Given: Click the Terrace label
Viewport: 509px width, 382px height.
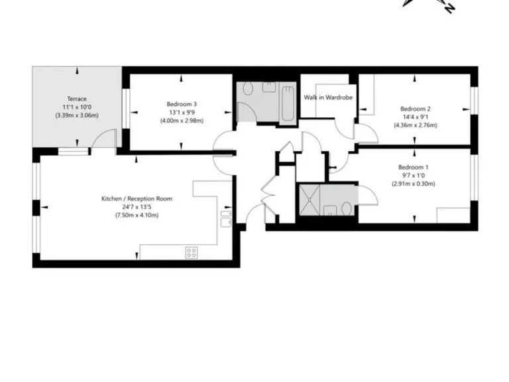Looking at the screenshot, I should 77,99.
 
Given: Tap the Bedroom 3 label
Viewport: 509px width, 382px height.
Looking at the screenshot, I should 181,103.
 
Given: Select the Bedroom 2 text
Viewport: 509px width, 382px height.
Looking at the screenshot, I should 415,109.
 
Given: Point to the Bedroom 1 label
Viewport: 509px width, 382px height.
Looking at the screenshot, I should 413,167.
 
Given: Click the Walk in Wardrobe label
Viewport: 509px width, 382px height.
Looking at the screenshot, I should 327,97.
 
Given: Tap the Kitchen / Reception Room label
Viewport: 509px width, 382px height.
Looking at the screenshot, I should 137,198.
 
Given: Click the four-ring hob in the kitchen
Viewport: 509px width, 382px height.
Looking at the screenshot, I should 192,252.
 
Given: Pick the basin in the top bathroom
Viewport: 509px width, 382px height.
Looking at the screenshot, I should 269,86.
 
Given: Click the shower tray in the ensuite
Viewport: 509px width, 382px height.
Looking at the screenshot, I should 309,199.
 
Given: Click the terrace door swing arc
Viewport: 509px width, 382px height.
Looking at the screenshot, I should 101,139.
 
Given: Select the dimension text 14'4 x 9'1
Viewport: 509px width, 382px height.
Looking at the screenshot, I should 415,118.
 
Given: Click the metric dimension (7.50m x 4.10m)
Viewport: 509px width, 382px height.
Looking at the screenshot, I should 137,215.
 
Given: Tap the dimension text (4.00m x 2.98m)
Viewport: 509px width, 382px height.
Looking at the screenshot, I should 181,121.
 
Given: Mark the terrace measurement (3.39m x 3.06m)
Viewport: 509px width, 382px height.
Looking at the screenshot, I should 77,115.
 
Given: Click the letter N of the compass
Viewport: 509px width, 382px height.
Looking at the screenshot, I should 449,7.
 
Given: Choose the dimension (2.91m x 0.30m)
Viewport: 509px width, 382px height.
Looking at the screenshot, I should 413,184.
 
